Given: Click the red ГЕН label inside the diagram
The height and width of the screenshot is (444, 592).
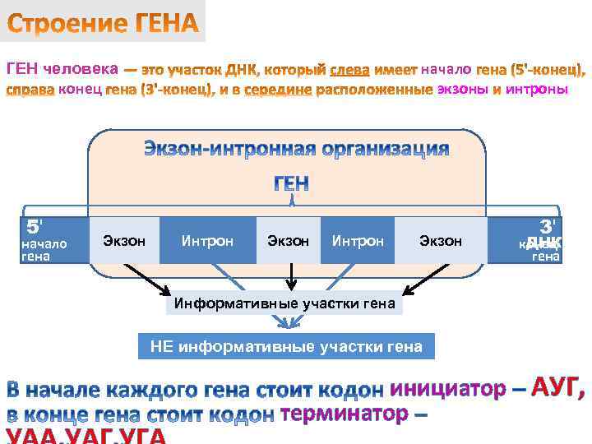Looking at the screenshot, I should pos(291,183).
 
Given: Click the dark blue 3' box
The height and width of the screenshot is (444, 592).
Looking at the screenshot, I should pos(535,240).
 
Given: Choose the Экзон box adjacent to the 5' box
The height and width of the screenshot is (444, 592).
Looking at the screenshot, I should pos(124,241).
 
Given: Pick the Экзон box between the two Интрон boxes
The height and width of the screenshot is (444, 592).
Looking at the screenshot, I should pos(289,241).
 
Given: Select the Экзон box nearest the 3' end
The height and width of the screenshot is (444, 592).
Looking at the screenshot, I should pos(441,241).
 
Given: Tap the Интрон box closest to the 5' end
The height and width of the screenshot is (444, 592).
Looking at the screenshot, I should pos(207,241).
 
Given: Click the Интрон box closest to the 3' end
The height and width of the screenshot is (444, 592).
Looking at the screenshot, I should pos(358,241).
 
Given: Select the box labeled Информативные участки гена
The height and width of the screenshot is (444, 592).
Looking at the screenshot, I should pos(284,304).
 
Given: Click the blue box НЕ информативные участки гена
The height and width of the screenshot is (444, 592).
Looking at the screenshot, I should pos(286,346).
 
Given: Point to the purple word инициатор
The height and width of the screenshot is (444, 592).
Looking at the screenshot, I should pos(448,388).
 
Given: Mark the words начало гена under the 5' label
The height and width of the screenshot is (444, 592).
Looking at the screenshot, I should pos(44,250).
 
